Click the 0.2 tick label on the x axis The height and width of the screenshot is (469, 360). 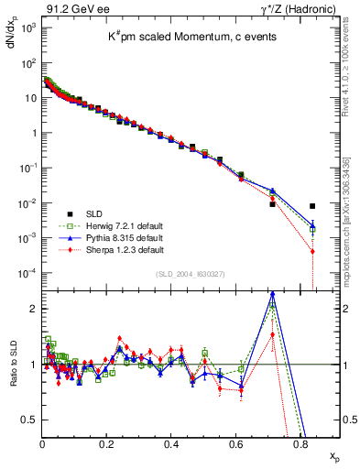106,442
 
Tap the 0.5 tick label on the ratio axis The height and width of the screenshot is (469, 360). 29,420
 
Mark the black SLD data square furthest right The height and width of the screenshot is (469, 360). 313,206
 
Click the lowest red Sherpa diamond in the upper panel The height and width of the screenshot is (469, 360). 313,251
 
